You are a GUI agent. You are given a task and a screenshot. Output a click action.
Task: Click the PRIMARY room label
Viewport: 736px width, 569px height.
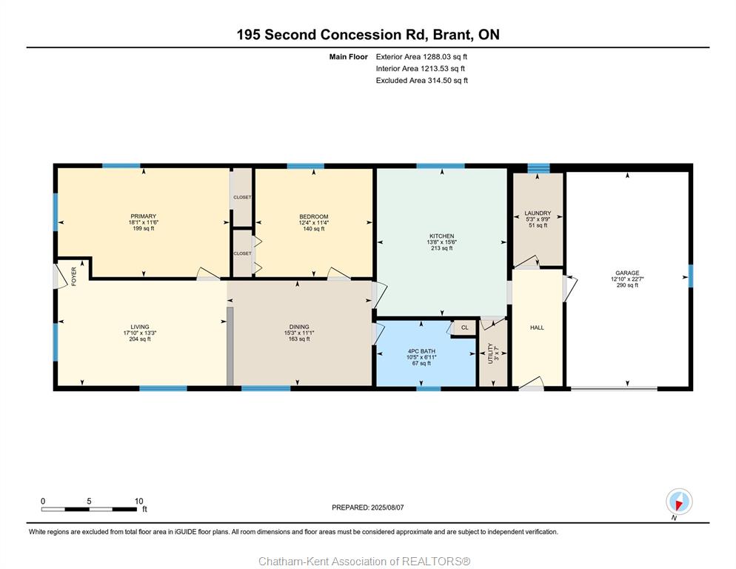tap(143, 216)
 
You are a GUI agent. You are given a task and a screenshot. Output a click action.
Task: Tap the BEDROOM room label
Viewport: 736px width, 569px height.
tap(313, 217)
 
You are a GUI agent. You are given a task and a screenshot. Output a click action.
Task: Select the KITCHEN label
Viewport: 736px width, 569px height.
tap(442, 236)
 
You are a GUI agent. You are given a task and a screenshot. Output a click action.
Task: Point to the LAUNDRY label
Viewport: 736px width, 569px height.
tap(538, 213)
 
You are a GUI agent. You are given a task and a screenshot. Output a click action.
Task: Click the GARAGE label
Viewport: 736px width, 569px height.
tap(628, 273)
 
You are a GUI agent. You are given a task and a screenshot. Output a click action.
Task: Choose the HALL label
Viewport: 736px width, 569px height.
tap(537, 327)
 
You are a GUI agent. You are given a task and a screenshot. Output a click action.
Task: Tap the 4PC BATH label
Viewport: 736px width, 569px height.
tap(421, 351)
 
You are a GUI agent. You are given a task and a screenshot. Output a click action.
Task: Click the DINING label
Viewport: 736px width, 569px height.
tap(299, 327)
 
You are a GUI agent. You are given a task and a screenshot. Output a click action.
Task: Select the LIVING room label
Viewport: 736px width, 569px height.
tap(140, 327)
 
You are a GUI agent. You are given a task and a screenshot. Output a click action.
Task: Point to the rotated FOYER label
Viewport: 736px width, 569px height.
tap(74, 276)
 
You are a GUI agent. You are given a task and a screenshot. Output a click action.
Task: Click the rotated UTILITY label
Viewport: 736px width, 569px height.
tap(490, 353)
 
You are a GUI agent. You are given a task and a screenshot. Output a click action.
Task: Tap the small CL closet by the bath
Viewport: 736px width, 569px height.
tap(465, 327)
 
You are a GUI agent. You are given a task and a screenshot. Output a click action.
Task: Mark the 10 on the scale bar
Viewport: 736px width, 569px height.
tap(139, 501)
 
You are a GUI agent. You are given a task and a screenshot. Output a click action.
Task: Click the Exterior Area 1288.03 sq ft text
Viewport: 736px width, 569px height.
tap(421, 57)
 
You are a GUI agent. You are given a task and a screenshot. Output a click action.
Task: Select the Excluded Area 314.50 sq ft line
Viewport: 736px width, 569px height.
tap(422, 80)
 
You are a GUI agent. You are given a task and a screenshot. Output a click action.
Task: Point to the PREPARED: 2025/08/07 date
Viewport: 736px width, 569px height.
tap(368, 508)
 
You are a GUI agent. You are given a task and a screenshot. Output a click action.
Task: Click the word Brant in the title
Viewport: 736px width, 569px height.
tap(452, 35)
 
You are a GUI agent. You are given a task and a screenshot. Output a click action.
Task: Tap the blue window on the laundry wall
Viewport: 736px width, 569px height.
tap(538, 167)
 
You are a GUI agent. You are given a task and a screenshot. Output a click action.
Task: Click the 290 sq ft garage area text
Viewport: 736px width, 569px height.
tap(628, 285)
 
